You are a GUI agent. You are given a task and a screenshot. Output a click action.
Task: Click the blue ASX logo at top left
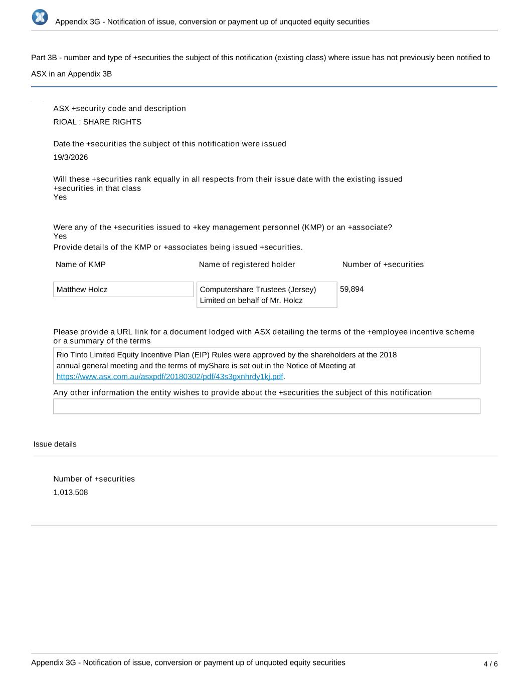tap(40, 17)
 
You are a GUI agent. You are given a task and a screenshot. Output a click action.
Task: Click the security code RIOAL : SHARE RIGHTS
tap(97, 122)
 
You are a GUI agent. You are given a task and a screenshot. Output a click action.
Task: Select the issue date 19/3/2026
tap(71, 157)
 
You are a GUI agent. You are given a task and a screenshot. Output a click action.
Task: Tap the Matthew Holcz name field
tap(123, 290)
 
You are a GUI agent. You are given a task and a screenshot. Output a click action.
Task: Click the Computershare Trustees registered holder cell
tap(266, 295)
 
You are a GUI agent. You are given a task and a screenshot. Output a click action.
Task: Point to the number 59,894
tap(352, 289)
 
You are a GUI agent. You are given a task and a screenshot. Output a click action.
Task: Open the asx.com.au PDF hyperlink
tap(169, 376)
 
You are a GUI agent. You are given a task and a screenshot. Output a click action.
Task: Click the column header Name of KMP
tap(81, 264)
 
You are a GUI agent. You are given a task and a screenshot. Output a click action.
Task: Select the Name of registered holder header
tap(247, 264)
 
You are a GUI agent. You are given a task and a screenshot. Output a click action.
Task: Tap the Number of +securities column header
tap(383, 264)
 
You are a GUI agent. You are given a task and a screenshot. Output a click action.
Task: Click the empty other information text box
tap(266, 406)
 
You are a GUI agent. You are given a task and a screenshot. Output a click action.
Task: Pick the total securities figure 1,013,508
tap(71, 492)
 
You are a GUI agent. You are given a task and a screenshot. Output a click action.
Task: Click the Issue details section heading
tap(55, 444)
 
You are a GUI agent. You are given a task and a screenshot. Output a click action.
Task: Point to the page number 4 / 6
tap(490, 664)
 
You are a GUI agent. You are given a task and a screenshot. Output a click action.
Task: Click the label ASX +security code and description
tap(119, 108)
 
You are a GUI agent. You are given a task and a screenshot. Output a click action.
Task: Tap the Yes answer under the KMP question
tap(60, 236)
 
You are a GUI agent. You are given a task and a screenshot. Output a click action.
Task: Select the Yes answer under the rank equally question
tap(60, 197)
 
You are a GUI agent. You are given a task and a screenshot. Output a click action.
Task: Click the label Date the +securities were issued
tap(169, 144)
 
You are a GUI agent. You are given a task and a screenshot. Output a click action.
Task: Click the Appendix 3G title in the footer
tap(188, 662)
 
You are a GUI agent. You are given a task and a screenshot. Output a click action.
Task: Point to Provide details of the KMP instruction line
tap(178, 247)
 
